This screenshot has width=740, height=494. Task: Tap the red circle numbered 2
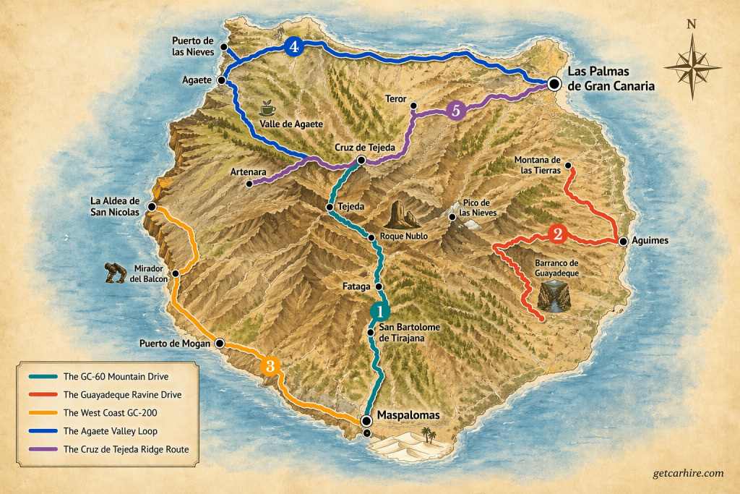557,234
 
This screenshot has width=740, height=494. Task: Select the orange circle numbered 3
270,365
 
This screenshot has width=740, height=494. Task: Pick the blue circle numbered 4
293,47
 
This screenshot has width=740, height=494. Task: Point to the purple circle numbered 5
455,111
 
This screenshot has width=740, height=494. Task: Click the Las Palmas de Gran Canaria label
611,78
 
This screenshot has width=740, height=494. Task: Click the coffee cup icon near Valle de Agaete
267,108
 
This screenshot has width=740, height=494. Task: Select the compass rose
692,67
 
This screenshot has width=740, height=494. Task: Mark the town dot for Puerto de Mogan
220,344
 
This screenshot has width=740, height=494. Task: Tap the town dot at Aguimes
622,241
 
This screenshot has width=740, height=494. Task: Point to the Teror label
396,98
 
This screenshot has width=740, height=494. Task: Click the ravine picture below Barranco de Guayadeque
554,297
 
